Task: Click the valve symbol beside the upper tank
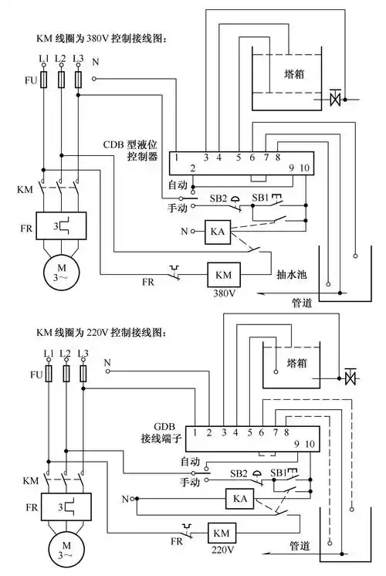tap(335, 99)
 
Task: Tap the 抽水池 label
tap(291, 273)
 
